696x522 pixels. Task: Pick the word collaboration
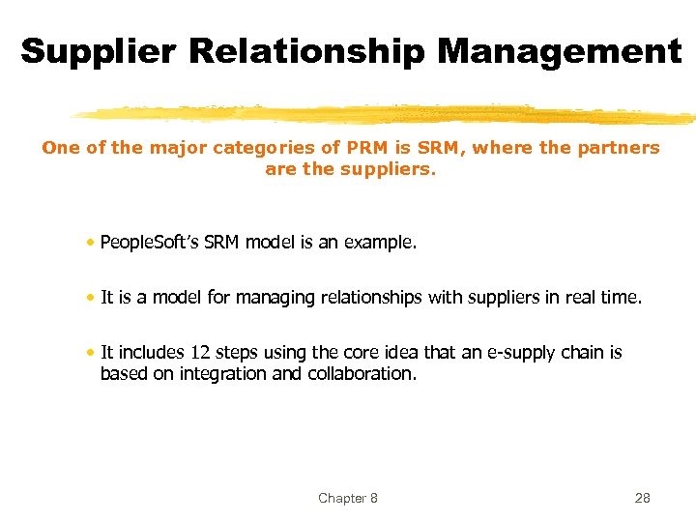[x=362, y=373]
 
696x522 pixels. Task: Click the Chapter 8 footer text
[x=348, y=498]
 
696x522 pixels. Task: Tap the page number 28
[x=642, y=498]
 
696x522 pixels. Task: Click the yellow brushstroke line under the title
[x=387, y=114]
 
